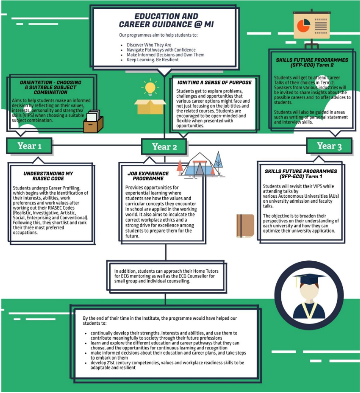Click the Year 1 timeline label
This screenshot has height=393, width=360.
pyautogui.click(x=29, y=146)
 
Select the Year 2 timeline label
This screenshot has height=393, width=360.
pyautogui.click(x=164, y=147)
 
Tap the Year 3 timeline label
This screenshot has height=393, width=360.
pyautogui.click(x=329, y=146)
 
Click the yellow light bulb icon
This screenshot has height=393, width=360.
pyautogui.click(x=150, y=87)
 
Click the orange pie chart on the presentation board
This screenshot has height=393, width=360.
pyautogui.click(x=303, y=25)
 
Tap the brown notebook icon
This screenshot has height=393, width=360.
pyautogui.click(x=245, y=226)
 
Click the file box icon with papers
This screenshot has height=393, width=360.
pyautogui.click(x=93, y=121)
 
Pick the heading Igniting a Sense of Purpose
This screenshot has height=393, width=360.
pyautogui.click(x=214, y=82)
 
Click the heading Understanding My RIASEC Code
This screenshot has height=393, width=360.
pyautogui.click(x=48, y=176)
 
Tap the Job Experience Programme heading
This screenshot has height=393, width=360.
pyautogui.click(x=148, y=176)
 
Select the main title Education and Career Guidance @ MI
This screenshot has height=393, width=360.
pyautogui.click(x=166, y=20)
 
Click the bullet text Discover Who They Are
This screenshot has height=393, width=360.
pyautogui.click(x=149, y=45)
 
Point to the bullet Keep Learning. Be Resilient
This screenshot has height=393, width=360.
pyautogui.click(x=153, y=59)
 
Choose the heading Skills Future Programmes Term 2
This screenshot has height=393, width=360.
pyautogui.click(x=312, y=63)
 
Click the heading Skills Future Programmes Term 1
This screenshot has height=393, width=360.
pyautogui.click(x=301, y=174)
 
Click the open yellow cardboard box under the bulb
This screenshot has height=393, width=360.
pyautogui.click(x=150, y=107)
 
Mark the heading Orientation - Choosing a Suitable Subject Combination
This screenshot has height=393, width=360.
pyautogui.click(x=51, y=87)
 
